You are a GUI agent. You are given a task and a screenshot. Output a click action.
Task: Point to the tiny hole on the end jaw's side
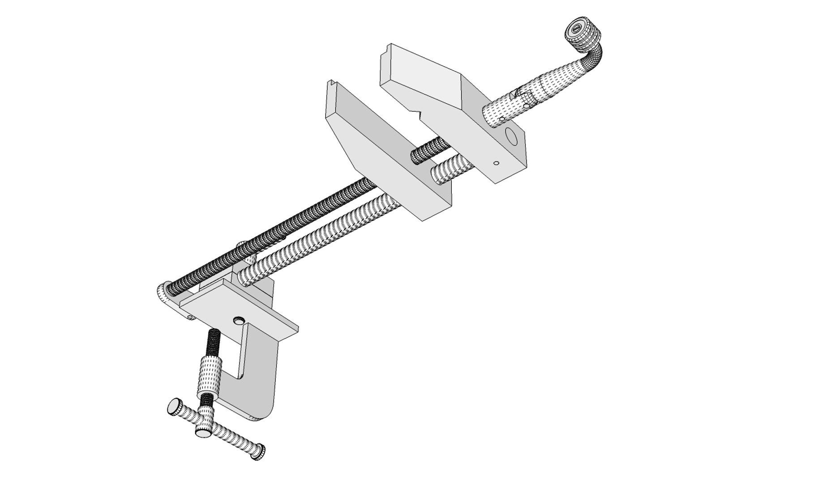click(496, 163)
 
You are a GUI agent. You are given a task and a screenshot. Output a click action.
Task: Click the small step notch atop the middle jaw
click(332, 83)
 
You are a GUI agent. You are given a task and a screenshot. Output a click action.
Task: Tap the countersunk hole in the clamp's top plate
click(239, 320)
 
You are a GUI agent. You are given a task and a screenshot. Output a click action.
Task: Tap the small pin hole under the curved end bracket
click(189, 318)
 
